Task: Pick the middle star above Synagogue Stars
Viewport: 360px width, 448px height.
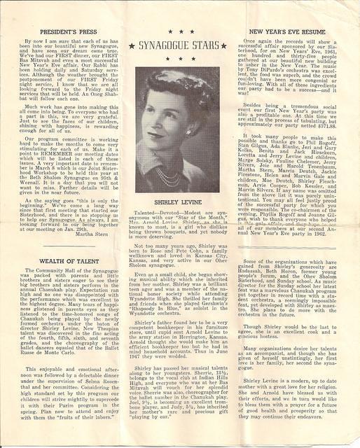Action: tap(180, 32)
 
